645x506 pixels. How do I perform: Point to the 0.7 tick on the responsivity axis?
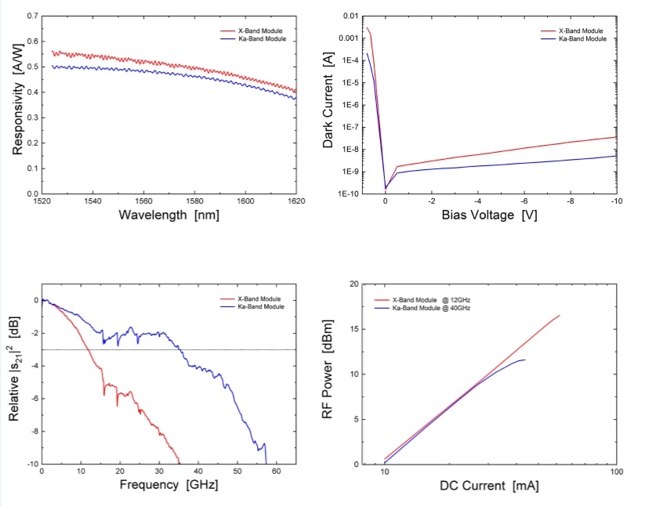click(x=31, y=16)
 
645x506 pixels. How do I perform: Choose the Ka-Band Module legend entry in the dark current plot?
click(x=581, y=38)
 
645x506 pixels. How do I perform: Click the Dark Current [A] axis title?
click(x=329, y=103)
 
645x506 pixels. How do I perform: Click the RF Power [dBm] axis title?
click(x=329, y=374)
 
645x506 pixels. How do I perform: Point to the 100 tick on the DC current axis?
click(x=616, y=473)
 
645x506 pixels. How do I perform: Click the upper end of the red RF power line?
click(x=560, y=316)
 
